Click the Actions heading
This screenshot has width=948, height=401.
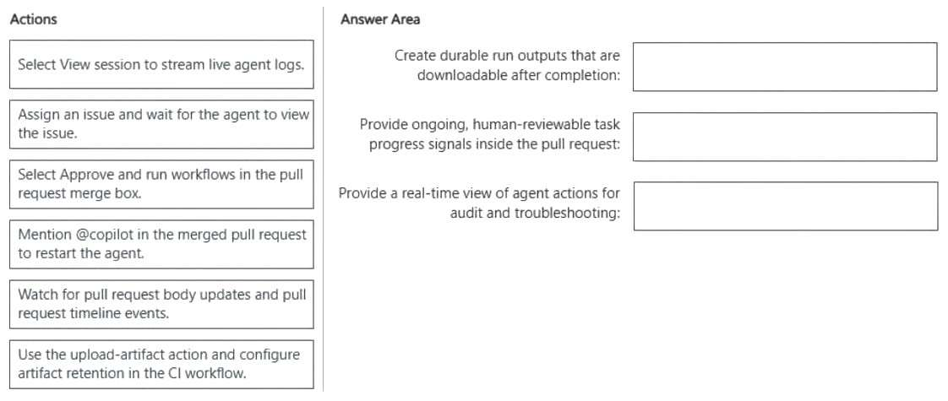(34, 19)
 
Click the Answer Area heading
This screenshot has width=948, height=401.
(380, 19)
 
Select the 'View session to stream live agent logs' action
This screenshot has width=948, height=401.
(161, 65)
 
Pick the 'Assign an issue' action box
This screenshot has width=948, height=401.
(161, 124)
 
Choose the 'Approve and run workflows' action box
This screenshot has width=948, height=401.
(161, 184)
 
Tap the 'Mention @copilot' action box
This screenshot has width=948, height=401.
(161, 244)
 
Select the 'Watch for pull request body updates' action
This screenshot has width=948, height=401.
(161, 305)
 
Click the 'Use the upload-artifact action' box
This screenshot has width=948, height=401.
(161, 364)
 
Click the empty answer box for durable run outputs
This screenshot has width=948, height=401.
(785, 67)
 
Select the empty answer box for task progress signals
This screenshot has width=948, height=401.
(785, 137)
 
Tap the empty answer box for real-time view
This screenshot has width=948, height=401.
(786, 206)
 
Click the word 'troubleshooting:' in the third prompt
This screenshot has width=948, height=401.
(567, 214)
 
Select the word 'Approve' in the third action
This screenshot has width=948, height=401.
(82, 175)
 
